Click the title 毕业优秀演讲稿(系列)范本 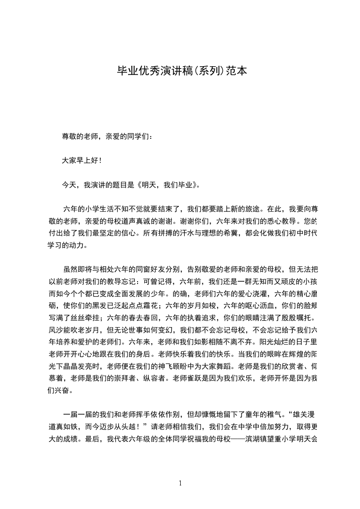[182, 71]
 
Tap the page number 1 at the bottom [180, 483]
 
